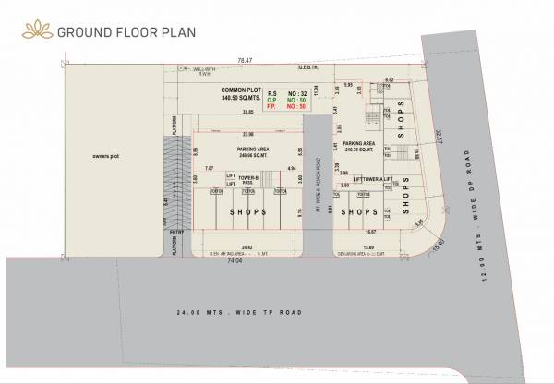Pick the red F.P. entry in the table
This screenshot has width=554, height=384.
273,107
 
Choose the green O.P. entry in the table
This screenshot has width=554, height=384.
273,100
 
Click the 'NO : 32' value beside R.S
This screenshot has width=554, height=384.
297,92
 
